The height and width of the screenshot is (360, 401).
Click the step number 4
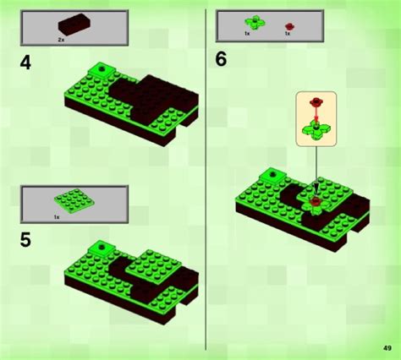(26, 63)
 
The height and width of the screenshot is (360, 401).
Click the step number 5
(26, 240)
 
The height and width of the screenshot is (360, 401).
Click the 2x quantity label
(62, 39)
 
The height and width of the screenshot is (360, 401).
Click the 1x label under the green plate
(57, 217)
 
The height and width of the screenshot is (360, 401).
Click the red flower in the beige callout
(316, 104)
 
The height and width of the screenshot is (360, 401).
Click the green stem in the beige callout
(316, 128)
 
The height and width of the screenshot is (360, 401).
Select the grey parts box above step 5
(74, 204)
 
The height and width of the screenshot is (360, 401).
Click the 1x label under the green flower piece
(247, 33)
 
